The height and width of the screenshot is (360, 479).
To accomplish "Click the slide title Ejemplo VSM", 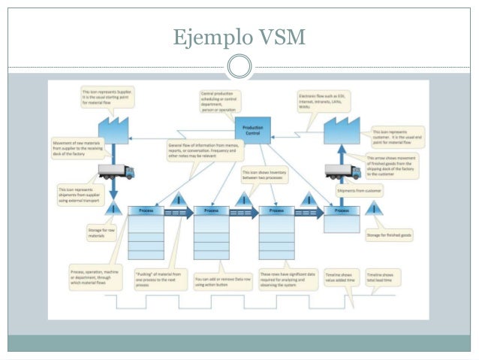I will tap(239, 35).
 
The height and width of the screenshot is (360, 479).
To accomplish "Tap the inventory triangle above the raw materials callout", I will tap(113, 208).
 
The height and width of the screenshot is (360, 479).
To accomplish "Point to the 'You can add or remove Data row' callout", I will tap(221, 278).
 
